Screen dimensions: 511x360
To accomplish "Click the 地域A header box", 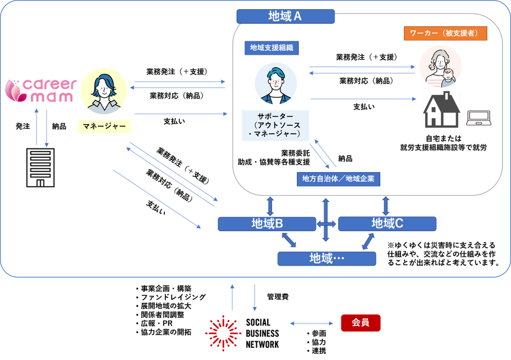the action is point(285,16).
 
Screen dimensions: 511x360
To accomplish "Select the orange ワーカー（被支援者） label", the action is point(445,33).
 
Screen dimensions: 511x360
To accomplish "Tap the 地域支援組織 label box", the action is point(271,48).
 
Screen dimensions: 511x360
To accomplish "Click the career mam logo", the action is point(41,90).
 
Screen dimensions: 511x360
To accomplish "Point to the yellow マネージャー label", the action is point(104,126).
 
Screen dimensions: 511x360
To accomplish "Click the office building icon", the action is point(40,168).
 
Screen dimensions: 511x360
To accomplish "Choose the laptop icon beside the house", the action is point(478,118).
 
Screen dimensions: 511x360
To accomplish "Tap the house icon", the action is point(442,109).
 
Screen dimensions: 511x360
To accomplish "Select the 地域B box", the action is point(267,224).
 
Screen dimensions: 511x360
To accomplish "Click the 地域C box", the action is point(387,224).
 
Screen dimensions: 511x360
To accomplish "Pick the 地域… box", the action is point(327,258).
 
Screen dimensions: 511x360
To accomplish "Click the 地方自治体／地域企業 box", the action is point(338,179).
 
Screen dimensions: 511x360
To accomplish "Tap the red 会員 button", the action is point(360,323).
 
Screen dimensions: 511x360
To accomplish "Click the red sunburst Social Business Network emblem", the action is point(223,333).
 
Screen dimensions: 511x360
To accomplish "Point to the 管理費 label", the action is point(277,297).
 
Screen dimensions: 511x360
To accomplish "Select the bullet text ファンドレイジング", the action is point(173,297).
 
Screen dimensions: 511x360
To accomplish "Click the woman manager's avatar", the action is point(103,91).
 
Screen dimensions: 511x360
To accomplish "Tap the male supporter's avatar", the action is point(276,84).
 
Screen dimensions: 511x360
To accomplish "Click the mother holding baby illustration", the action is point(440,67).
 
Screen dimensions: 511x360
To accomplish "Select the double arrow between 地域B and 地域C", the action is point(327,224).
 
